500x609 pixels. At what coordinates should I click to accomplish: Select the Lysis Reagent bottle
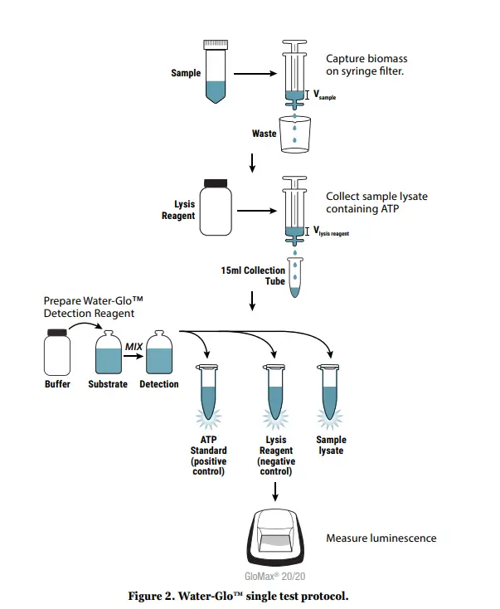(x=216, y=210)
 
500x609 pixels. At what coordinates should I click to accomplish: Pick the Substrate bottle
(x=108, y=353)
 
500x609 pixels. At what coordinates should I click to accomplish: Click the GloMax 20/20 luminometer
(x=275, y=540)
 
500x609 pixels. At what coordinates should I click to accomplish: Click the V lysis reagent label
(x=331, y=232)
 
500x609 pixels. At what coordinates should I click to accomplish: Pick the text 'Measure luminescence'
(x=381, y=538)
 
